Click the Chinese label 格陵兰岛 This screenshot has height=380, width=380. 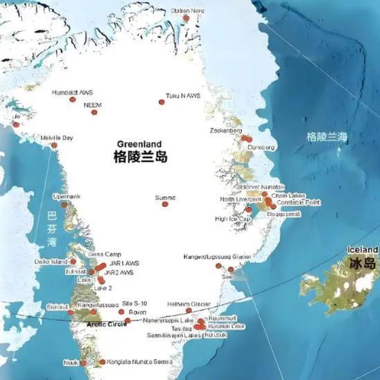click(x=140, y=157)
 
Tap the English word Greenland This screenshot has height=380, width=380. click(x=140, y=145)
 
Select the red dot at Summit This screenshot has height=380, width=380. click(x=164, y=203)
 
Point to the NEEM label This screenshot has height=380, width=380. click(x=92, y=105)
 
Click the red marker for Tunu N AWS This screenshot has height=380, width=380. click(x=162, y=102)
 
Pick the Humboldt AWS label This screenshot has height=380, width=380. click(x=72, y=92)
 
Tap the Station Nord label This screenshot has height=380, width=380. click(x=187, y=11)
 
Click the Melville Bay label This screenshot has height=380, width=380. click(x=57, y=138)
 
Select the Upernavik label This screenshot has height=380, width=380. click(x=66, y=197)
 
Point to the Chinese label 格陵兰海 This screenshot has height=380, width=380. click(x=327, y=137)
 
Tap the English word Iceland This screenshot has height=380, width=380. click(x=362, y=250)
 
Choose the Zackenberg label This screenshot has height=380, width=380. click(x=226, y=130)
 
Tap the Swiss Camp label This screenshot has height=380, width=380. click(x=104, y=254)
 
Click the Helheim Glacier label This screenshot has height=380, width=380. click(x=189, y=303)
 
